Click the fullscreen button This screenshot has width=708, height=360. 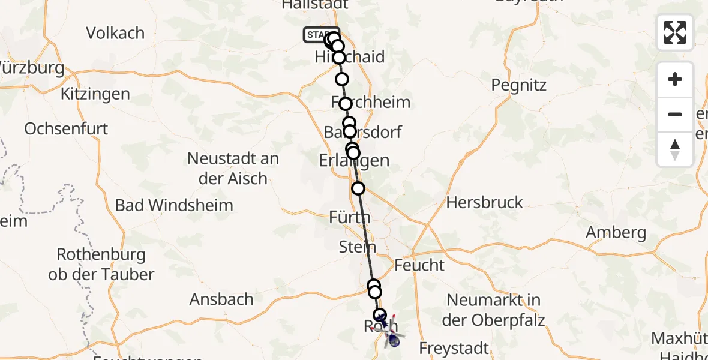click(x=675, y=32)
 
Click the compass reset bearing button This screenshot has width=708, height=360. click(x=675, y=149)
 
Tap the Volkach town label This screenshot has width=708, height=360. click(x=115, y=33)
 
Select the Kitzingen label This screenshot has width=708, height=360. click(x=95, y=94)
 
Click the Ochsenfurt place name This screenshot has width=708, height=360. click(x=66, y=128)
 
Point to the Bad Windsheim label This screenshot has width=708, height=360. click(x=174, y=205)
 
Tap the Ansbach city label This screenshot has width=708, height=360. click(x=221, y=299)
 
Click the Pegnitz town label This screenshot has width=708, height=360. click(x=518, y=85)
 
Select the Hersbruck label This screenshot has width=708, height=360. click(x=484, y=202)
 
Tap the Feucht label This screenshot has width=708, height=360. click(x=419, y=265)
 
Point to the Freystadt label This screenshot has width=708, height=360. click(x=454, y=347)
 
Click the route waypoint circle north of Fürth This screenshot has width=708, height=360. click(x=358, y=188)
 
